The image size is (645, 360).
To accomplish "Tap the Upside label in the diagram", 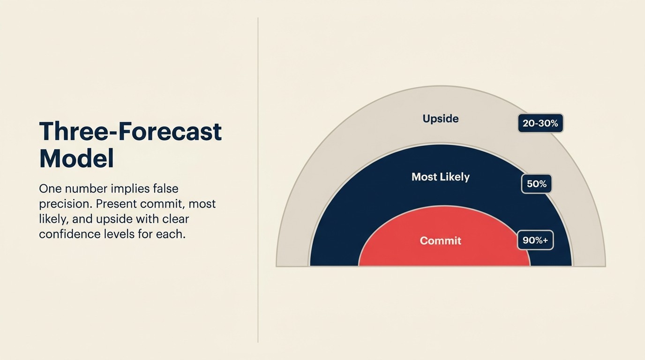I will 440,119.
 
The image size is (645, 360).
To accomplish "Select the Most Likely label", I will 440,177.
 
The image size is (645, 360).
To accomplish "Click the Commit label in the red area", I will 440,240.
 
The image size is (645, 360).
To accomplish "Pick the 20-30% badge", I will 540,123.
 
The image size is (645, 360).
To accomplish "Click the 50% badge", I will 536,184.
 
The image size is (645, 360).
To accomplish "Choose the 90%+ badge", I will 535,240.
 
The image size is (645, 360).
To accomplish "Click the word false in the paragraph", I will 165,189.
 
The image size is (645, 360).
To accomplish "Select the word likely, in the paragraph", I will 53,219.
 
